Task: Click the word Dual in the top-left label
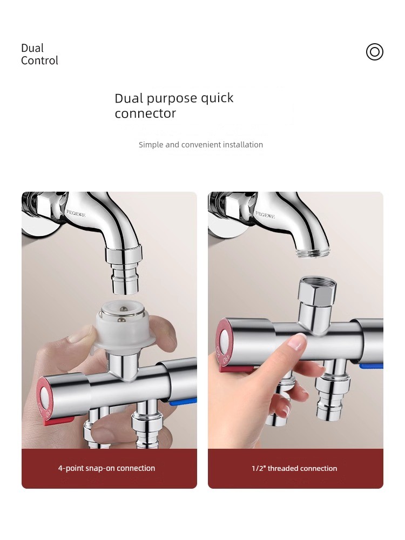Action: pyautogui.click(x=32, y=48)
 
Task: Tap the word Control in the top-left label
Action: pyautogui.click(x=39, y=60)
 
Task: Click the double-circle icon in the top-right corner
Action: pyautogui.click(x=375, y=52)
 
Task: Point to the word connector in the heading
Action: pyautogui.click(x=145, y=113)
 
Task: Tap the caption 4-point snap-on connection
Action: pyautogui.click(x=106, y=468)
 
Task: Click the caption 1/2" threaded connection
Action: pyautogui.click(x=294, y=468)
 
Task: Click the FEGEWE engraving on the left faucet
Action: pyautogui.click(x=76, y=213)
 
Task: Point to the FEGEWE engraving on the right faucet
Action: pyautogui.click(x=265, y=215)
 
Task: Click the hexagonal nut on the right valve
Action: pyautogui.click(x=317, y=288)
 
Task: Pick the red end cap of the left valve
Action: pyautogui.click(x=44, y=400)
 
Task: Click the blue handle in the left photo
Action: pyautogui.click(x=183, y=401)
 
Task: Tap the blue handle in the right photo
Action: pyautogui.click(x=372, y=366)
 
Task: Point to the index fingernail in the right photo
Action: pyautogui.click(x=297, y=342)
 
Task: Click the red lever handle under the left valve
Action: pyautogui.click(x=59, y=421)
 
